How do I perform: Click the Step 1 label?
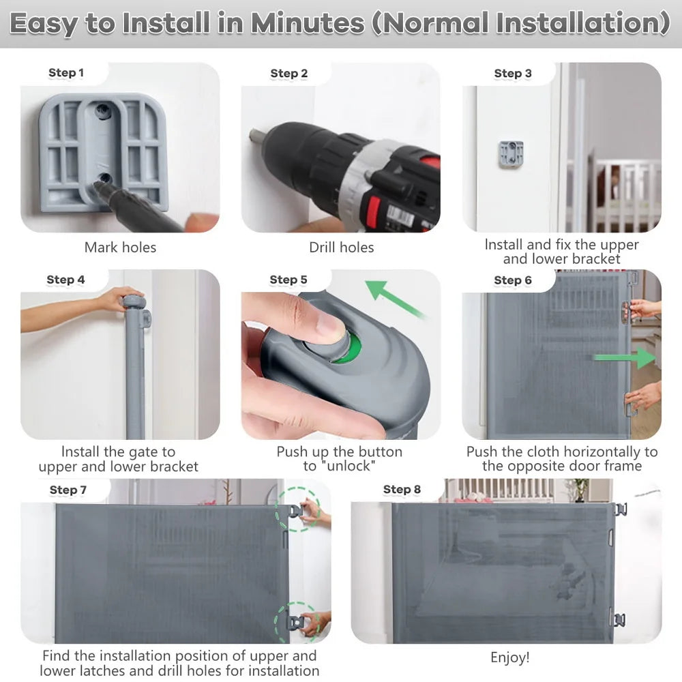click(x=66, y=73)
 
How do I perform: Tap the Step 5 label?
click(x=288, y=280)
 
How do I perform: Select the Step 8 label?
click(x=402, y=489)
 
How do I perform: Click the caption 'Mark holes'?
click(x=120, y=248)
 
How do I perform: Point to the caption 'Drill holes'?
click(x=341, y=248)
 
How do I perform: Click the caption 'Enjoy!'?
click(x=509, y=657)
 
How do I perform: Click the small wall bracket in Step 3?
click(x=511, y=152)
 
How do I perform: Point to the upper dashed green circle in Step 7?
click(x=299, y=509)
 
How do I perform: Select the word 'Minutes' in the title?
click(x=307, y=24)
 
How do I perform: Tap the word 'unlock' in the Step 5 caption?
click(x=348, y=466)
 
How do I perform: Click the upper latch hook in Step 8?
click(x=620, y=509)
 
